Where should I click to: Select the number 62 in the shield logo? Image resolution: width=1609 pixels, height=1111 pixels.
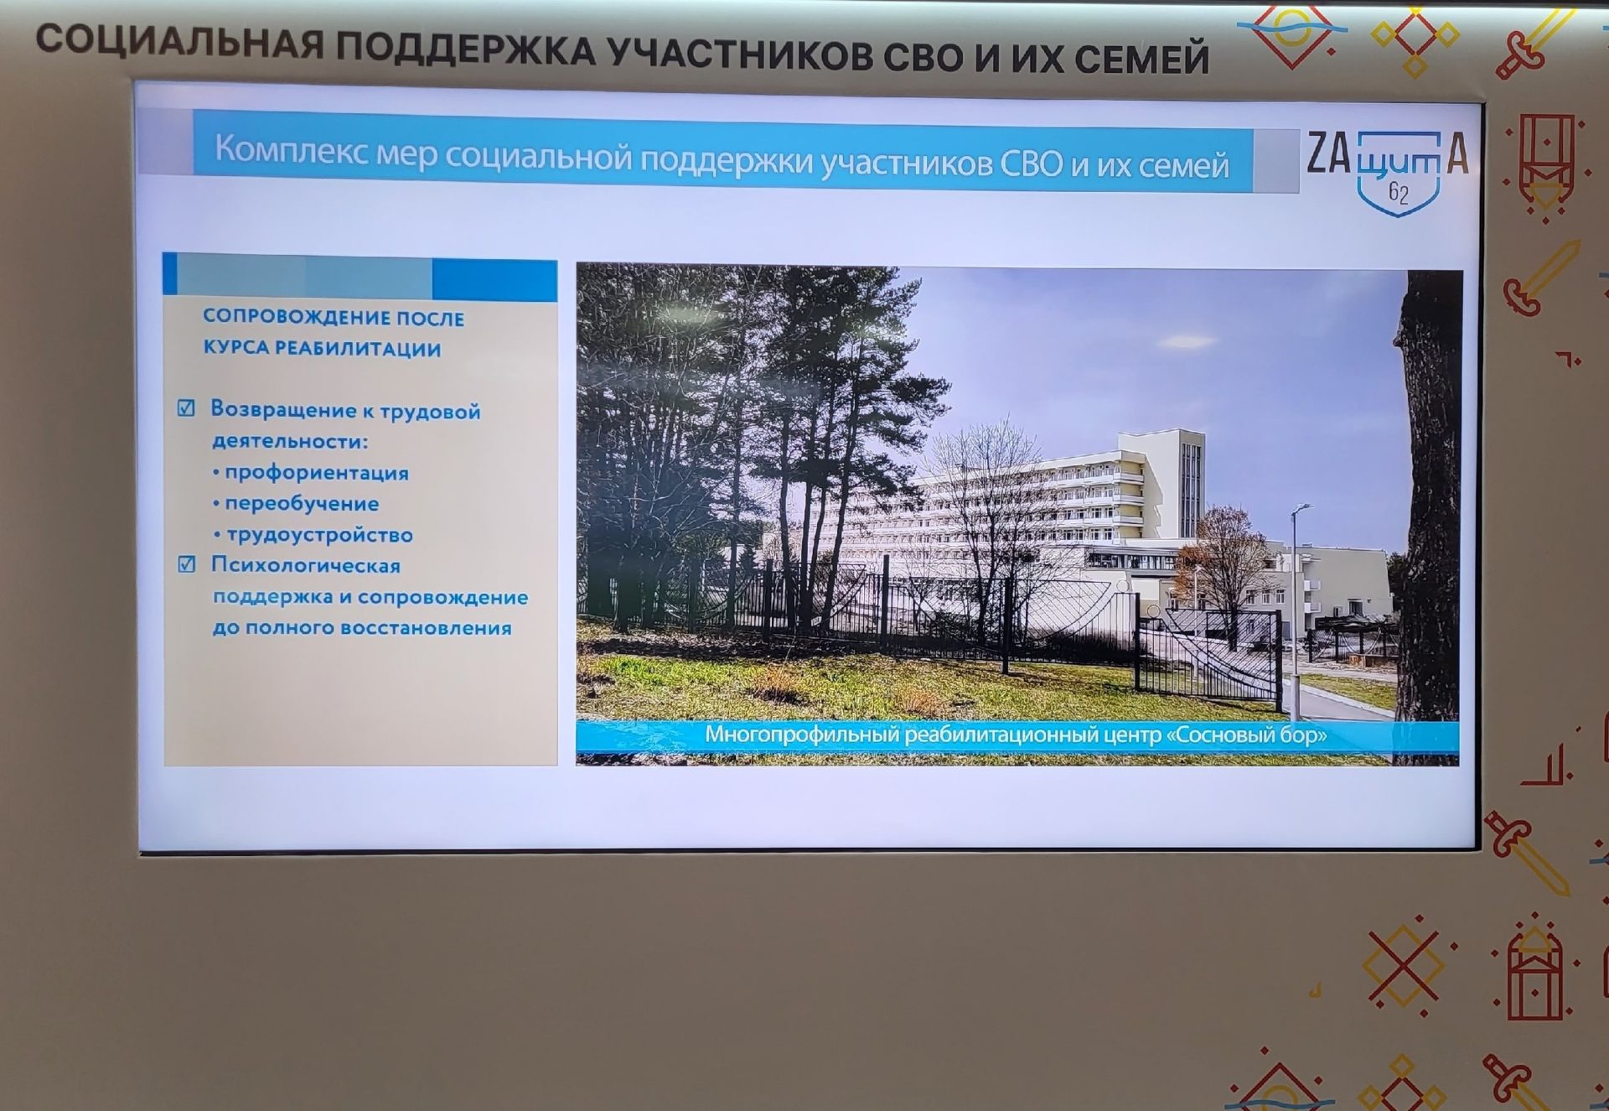1399,193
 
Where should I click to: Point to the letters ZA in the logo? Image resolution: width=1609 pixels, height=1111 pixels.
1329,153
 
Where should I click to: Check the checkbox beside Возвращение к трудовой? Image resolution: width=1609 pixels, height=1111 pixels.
186,408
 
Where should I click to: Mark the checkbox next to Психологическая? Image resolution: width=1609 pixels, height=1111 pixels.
187,564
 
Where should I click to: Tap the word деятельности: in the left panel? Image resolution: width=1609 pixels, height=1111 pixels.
290,441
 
